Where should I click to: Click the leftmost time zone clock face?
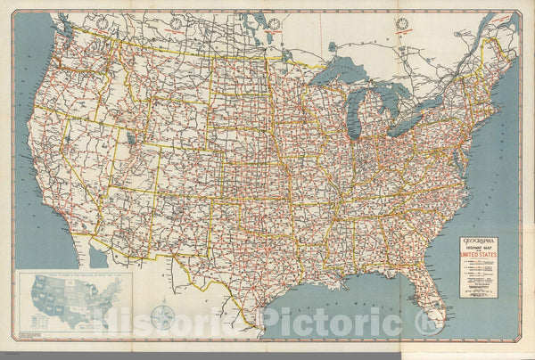tap(177, 22)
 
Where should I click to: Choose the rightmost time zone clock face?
tap(402, 23)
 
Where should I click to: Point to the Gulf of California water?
tap(98, 258)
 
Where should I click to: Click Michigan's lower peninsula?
tap(375, 111)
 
